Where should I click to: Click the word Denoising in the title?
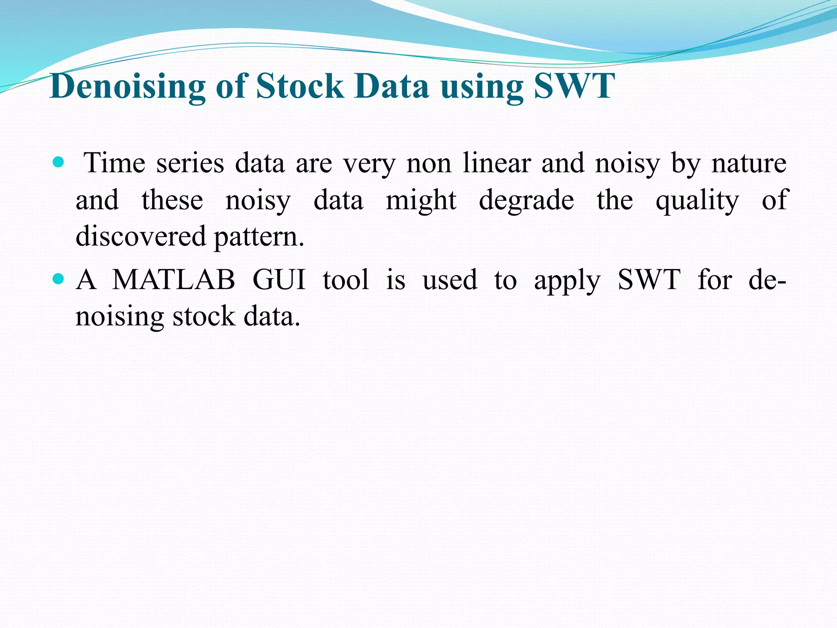(127, 87)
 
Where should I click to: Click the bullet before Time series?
(59, 163)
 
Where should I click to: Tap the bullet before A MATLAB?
(59, 279)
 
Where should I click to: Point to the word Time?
(114, 163)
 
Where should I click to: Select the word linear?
(497, 163)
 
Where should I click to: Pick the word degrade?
(526, 200)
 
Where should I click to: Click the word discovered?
(141, 237)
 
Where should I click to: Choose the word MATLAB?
(174, 280)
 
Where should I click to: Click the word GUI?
(279, 280)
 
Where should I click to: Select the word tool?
(346, 280)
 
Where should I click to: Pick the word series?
(190, 163)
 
